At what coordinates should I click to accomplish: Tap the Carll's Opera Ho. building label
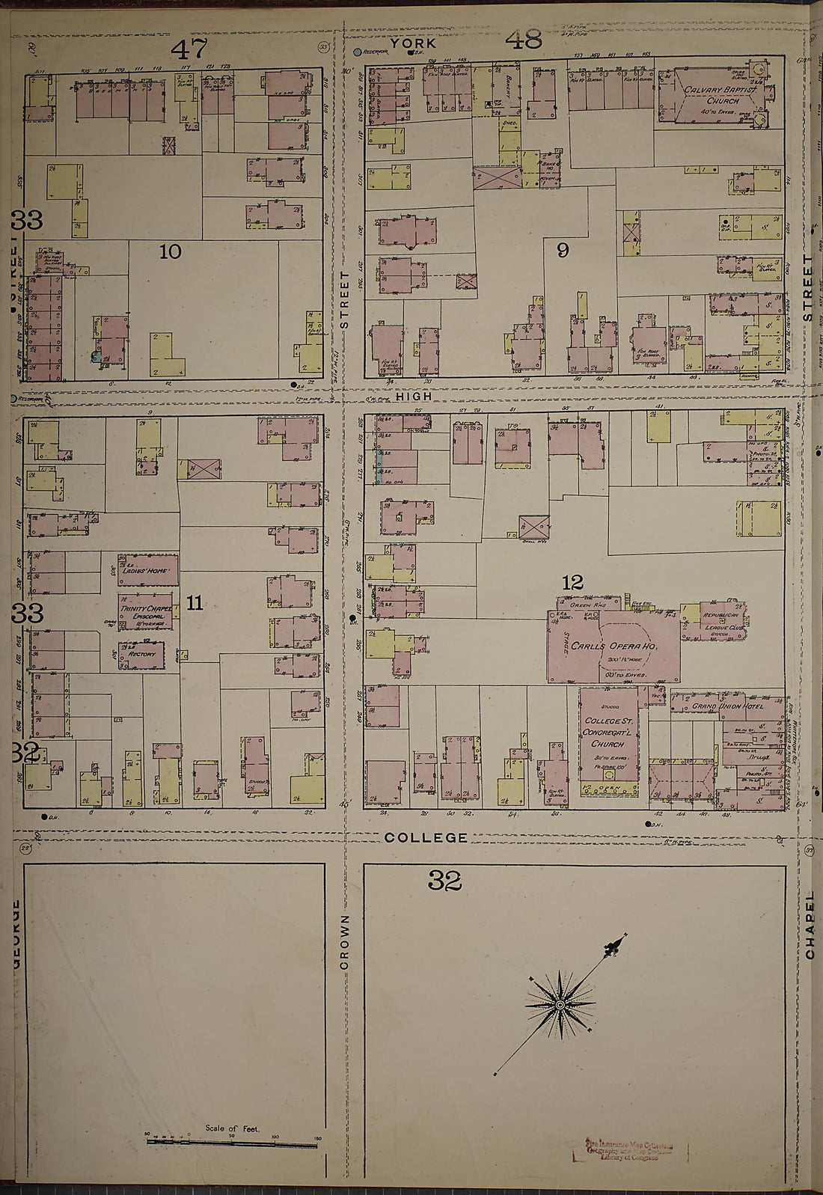point(614,647)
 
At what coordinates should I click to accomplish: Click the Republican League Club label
point(723,621)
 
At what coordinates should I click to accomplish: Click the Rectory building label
point(141,654)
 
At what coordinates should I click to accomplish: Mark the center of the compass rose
point(560,1004)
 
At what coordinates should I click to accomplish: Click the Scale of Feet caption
point(232,1128)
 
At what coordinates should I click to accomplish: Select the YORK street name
point(413,43)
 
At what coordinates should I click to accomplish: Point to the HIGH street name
point(414,396)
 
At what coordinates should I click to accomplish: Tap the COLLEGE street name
point(426,838)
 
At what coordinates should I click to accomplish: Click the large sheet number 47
point(189,49)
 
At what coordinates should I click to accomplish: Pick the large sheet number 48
point(524,40)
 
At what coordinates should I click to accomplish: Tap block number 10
point(171,251)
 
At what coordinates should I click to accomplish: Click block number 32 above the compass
point(445,881)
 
